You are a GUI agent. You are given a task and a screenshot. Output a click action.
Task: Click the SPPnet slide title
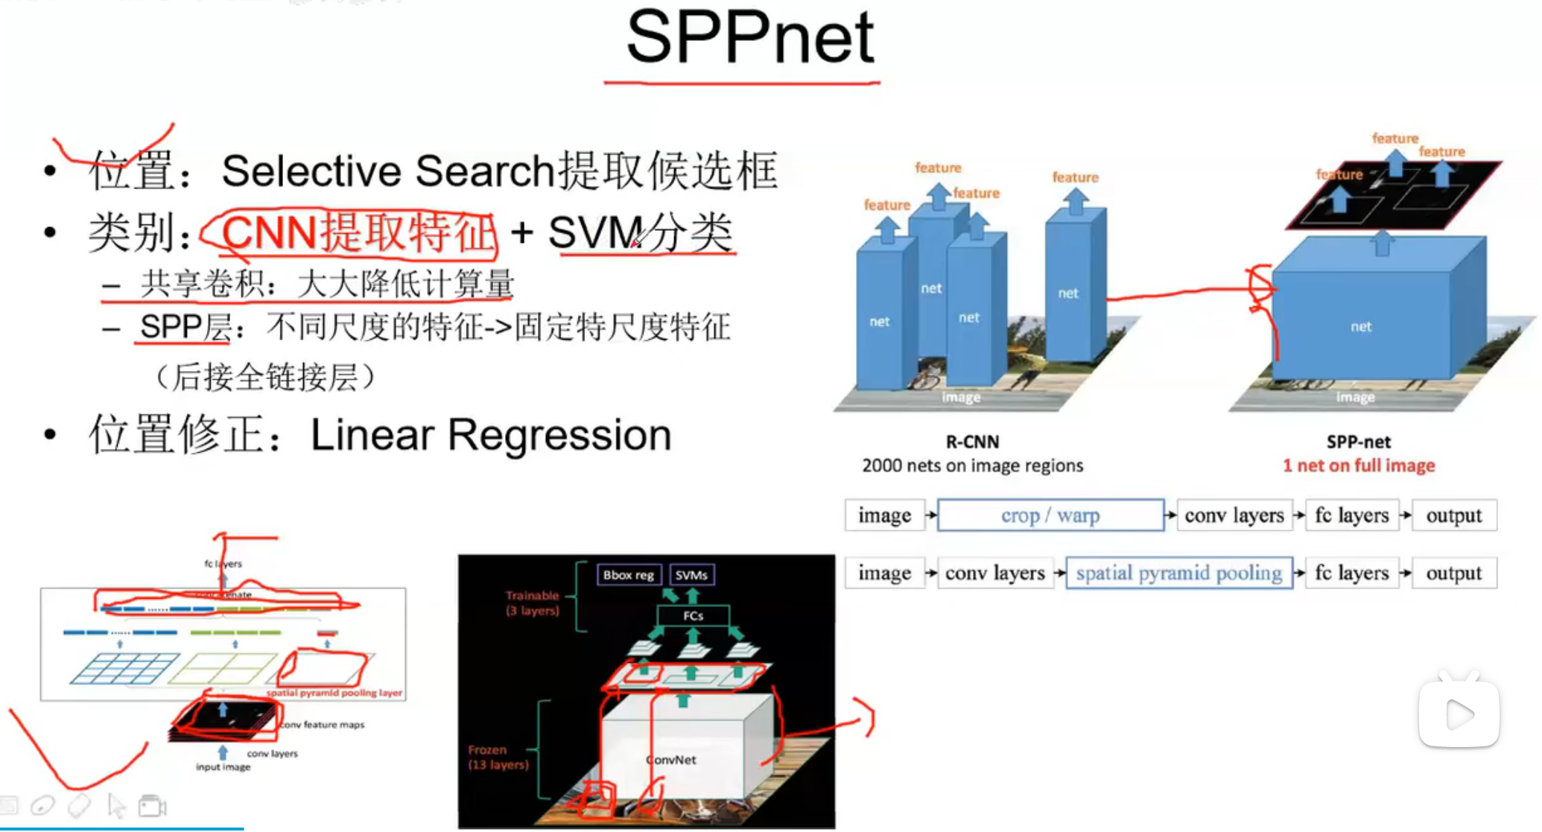click(749, 39)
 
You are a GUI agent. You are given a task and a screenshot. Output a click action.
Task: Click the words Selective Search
click(387, 171)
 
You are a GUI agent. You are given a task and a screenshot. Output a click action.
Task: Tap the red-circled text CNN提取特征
click(358, 233)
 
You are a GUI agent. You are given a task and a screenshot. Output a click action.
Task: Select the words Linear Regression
click(490, 435)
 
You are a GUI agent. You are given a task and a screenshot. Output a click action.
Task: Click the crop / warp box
click(1050, 515)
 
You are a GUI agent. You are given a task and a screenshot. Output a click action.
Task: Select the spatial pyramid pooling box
click(1178, 574)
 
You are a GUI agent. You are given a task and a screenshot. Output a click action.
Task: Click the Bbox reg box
click(628, 575)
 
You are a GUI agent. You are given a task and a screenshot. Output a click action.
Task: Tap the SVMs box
click(691, 575)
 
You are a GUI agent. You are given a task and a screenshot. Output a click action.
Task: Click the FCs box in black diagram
click(693, 616)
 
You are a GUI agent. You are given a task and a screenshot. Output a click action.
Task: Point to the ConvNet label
click(672, 760)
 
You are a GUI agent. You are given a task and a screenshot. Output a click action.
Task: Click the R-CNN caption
click(972, 442)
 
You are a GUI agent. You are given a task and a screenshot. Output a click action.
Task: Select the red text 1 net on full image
click(1358, 466)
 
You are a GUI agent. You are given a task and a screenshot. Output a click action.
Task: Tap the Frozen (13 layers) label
click(498, 757)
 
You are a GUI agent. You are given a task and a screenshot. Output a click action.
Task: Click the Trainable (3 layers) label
click(532, 603)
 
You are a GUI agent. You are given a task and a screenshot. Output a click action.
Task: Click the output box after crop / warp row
click(1453, 515)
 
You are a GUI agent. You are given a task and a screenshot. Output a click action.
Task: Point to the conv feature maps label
click(323, 724)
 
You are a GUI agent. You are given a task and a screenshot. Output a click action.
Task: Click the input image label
click(223, 766)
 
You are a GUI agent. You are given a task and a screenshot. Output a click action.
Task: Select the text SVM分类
click(641, 233)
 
